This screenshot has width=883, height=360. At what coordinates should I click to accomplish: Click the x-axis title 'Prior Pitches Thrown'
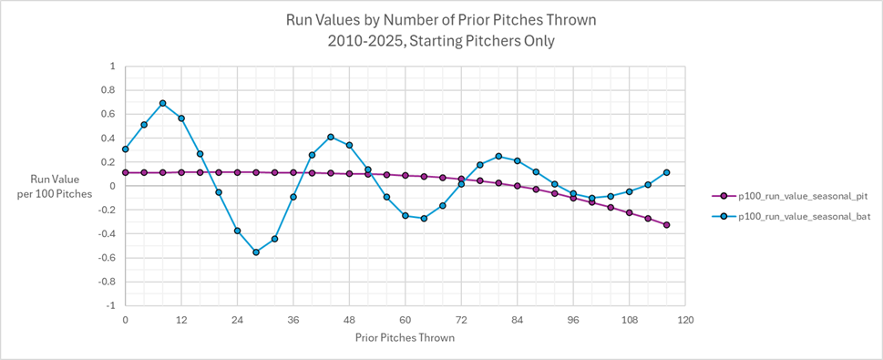[405, 337]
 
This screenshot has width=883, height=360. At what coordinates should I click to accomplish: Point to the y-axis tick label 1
[112, 67]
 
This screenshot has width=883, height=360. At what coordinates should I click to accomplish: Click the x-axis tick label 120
[685, 320]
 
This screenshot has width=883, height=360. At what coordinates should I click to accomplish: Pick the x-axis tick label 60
[405, 320]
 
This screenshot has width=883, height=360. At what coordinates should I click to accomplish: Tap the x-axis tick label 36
[293, 320]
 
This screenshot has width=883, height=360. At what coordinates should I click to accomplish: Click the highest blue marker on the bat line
[162, 104]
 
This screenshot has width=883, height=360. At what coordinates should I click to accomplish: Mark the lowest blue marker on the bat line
[256, 252]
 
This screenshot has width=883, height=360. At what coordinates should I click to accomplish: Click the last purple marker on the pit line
[666, 225]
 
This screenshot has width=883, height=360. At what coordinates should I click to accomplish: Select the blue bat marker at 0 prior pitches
[125, 149]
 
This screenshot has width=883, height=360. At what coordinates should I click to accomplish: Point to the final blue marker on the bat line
[666, 172]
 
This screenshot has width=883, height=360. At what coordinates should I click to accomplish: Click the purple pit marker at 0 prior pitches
[125, 172]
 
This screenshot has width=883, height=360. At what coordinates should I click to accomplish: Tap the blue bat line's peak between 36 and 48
[331, 137]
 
